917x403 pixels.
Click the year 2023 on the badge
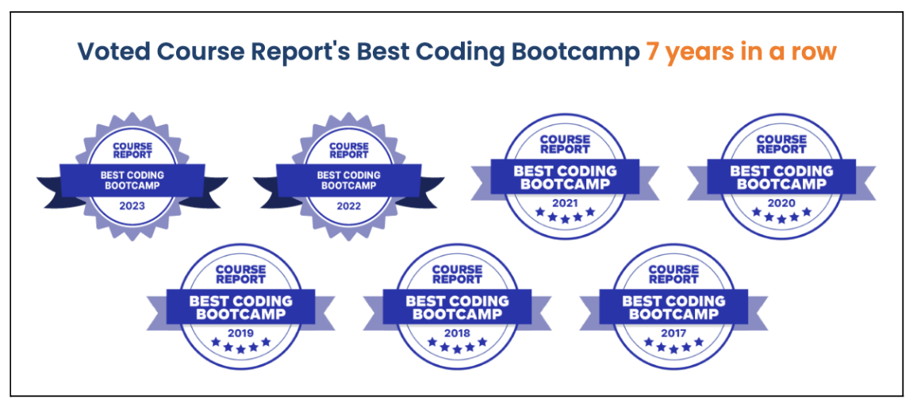[x=132, y=206]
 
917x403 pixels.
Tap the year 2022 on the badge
[x=348, y=206]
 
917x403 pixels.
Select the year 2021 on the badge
[x=565, y=204]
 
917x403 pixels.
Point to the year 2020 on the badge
[x=781, y=204]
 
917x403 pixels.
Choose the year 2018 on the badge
[x=458, y=333]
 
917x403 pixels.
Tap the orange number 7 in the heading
[x=652, y=52]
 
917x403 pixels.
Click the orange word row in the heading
[x=815, y=55]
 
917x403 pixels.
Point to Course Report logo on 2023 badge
[x=132, y=150]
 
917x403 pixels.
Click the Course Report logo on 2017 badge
[x=673, y=274]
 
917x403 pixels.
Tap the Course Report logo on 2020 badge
[x=781, y=144]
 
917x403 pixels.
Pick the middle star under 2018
[x=458, y=348]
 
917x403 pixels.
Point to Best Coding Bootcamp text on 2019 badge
[x=241, y=308]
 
